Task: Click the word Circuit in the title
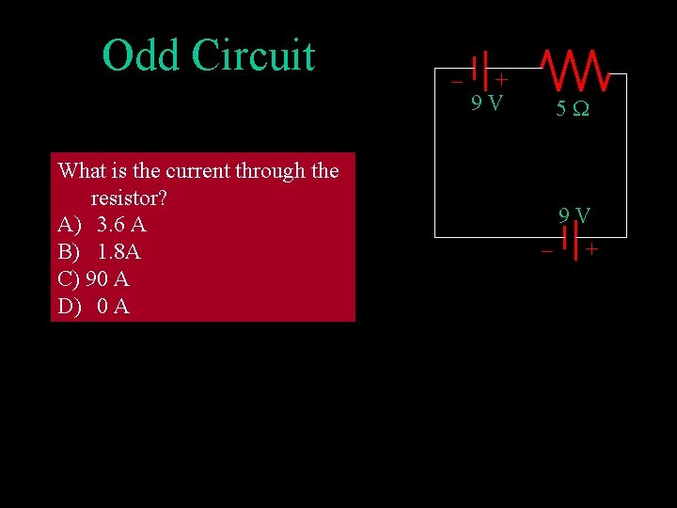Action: (x=253, y=56)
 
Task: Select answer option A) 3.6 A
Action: (x=102, y=226)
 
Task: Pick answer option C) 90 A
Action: (x=93, y=279)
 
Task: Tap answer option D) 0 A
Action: (x=94, y=307)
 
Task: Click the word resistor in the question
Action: (x=129, y=198)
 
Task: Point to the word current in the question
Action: (x=197, y=171)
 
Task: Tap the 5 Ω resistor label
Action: (x=572, y=109)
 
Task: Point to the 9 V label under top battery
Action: (x=486, y=103)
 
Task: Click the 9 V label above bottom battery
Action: (x=574, y=216)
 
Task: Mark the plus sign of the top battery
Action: (x=502, y=81)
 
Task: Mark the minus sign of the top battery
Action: (x=456, y=81)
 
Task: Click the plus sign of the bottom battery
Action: (x=591, y=250)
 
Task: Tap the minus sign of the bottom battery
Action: (x=546, y=251)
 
